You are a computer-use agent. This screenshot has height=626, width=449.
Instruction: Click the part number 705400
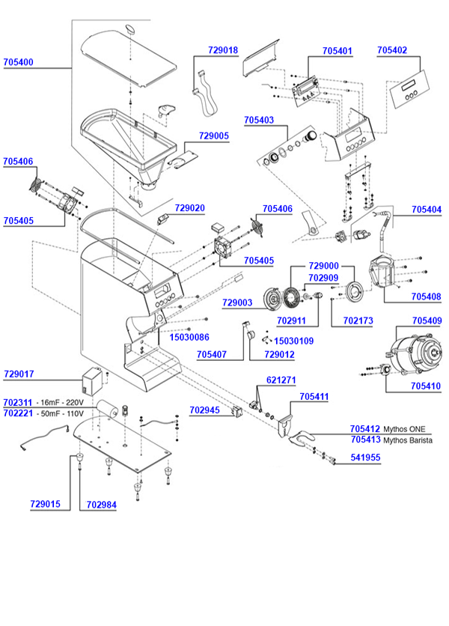18,62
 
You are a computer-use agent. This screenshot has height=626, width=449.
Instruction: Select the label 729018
223,50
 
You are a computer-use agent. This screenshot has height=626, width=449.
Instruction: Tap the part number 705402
392,50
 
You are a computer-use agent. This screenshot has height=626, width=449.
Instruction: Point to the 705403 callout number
259,120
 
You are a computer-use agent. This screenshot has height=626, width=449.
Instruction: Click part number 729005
214,136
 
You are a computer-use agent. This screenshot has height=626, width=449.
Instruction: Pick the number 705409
427,320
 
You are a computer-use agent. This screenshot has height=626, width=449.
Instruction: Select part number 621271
281,380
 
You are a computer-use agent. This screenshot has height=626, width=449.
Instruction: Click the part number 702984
101,504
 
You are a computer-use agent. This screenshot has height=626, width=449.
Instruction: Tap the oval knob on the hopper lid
132,29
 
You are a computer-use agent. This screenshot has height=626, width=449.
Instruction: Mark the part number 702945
184,410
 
